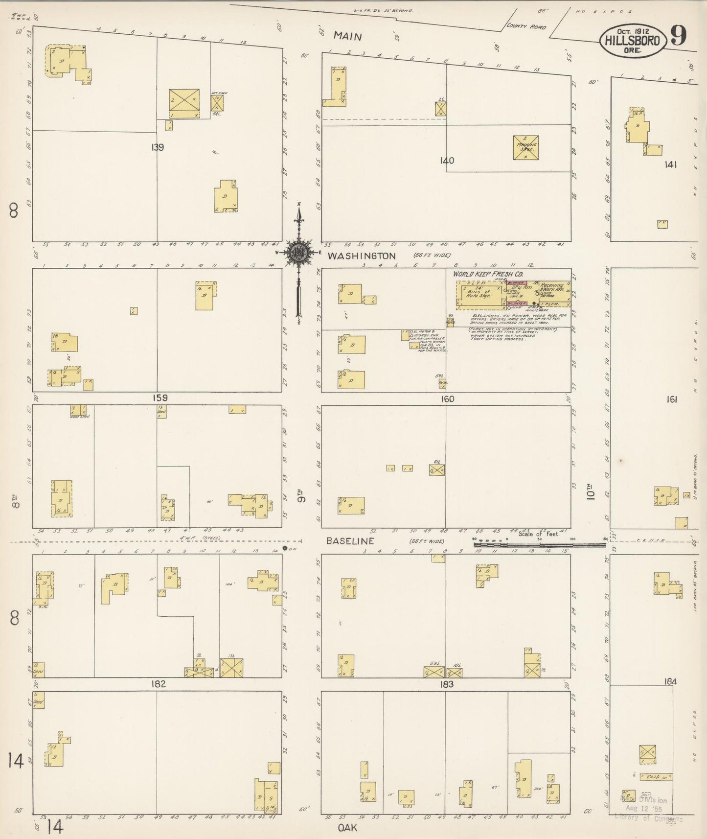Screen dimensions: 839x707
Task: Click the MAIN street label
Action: [x=348, y=36]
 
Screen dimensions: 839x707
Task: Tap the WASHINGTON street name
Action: [x=361, y=256]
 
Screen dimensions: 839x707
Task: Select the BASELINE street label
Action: [x=350, y=541]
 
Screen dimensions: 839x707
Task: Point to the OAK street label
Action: [x=347, y=828]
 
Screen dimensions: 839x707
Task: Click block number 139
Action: [x=157, y=147]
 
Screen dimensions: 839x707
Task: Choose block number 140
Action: [x=447, y=160]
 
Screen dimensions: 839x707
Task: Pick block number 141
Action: [x=670, y=164]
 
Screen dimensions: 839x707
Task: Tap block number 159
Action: [x=160, y=398]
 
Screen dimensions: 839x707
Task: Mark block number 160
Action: [x=447, y=398]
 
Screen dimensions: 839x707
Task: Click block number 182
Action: [x=159, y=684]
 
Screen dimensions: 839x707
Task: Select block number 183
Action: [x=447, y=684]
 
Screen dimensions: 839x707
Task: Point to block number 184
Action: [x=670, y=681]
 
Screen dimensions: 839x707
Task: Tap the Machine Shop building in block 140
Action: [x=526, y=147]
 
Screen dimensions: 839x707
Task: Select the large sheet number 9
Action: [x=679, y=35]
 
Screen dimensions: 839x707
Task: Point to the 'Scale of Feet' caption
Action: [x=539, y=534]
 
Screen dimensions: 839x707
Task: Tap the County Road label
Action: [x=526, y=26]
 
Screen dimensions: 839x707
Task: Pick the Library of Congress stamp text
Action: [x=648, y=818]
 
